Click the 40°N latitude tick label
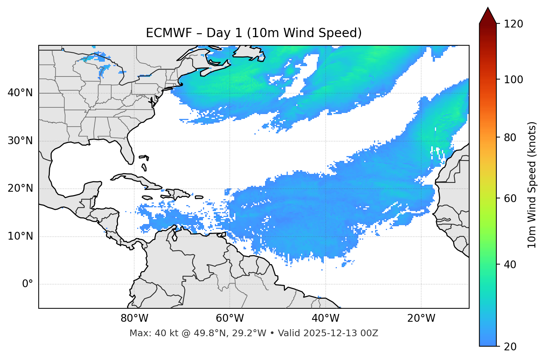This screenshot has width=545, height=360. [20, 93]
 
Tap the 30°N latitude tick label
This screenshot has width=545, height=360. [20, 141]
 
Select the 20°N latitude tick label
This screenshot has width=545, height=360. [20, 188]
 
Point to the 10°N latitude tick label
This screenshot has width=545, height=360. [20, 236]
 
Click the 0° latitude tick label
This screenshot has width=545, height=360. [28, 284]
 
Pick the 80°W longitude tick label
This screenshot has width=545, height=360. [134, 318]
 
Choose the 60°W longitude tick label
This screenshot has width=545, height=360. [230, 318]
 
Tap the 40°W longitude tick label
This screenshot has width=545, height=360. [325, 318]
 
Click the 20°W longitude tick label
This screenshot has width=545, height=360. [421, 318]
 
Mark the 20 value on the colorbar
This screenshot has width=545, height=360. [510, 347]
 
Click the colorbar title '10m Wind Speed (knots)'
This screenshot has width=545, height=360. [532, 185]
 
